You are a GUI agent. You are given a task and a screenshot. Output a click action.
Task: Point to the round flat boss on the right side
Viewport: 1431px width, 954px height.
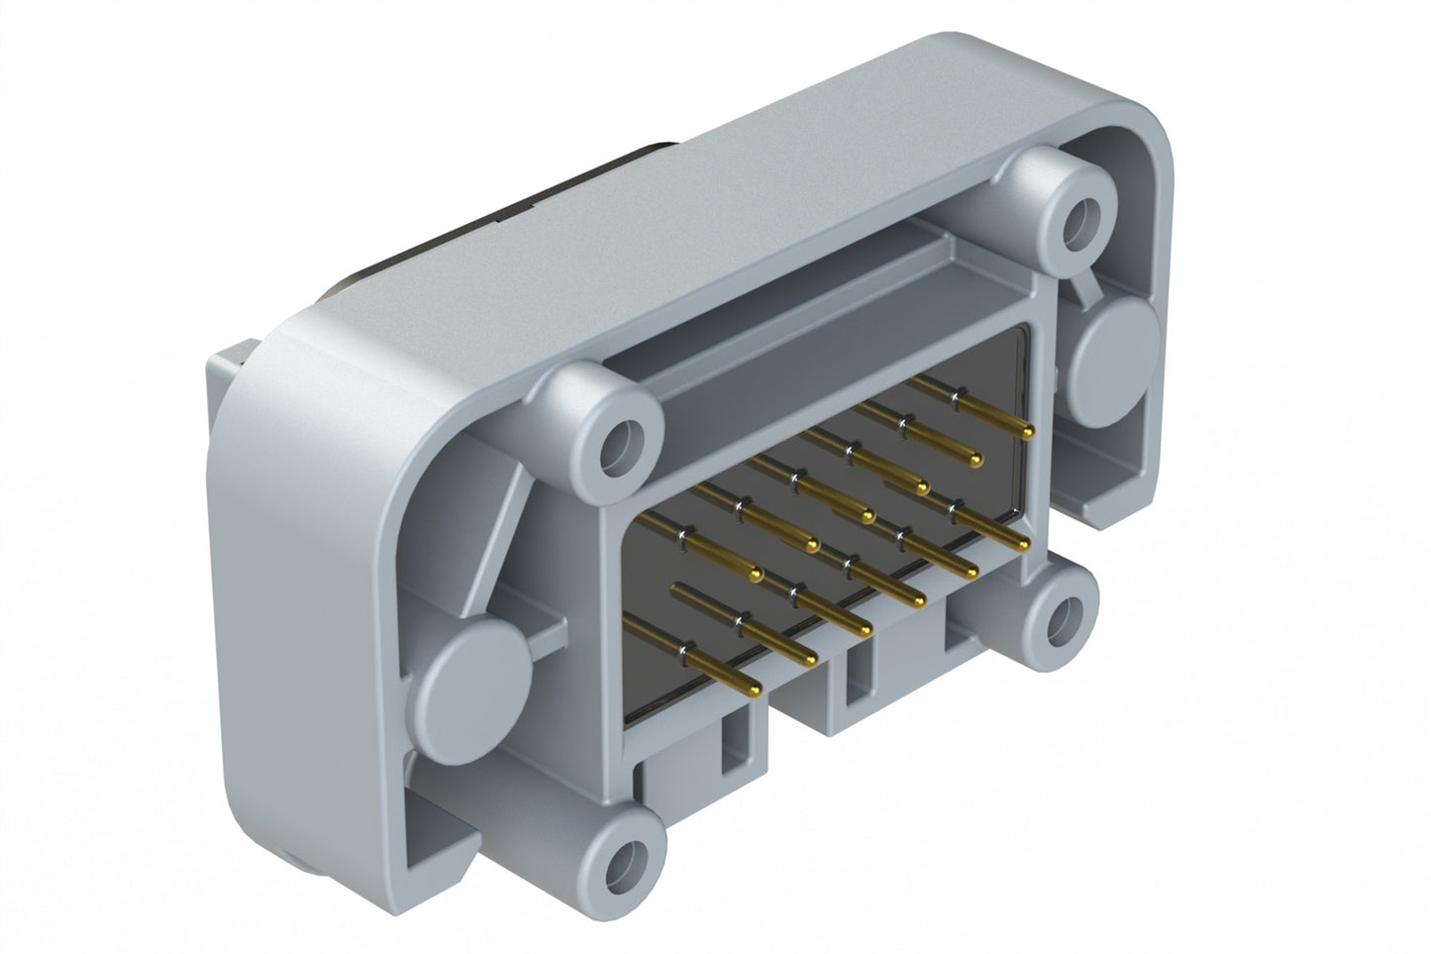pos(1115,353)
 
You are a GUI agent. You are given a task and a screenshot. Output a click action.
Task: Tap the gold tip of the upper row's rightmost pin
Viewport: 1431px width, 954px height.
pos(1028,432)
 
